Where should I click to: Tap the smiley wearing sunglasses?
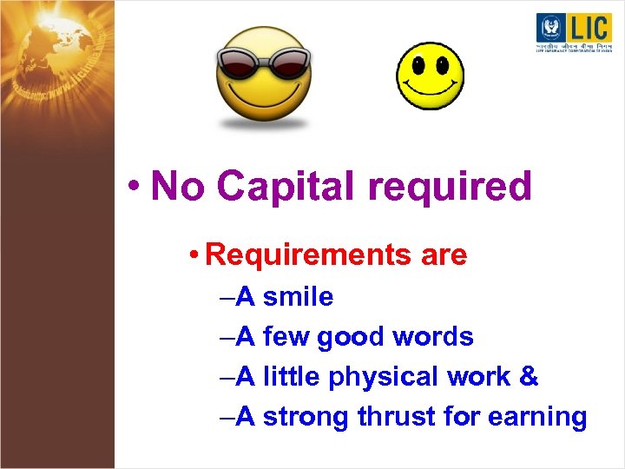coord(262,78)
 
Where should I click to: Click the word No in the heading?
coord(177,186)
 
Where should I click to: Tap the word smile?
coord(298,297)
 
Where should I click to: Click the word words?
coord(432,337)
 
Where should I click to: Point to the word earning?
coord(538,418)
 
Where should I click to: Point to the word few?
coord(286,337)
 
